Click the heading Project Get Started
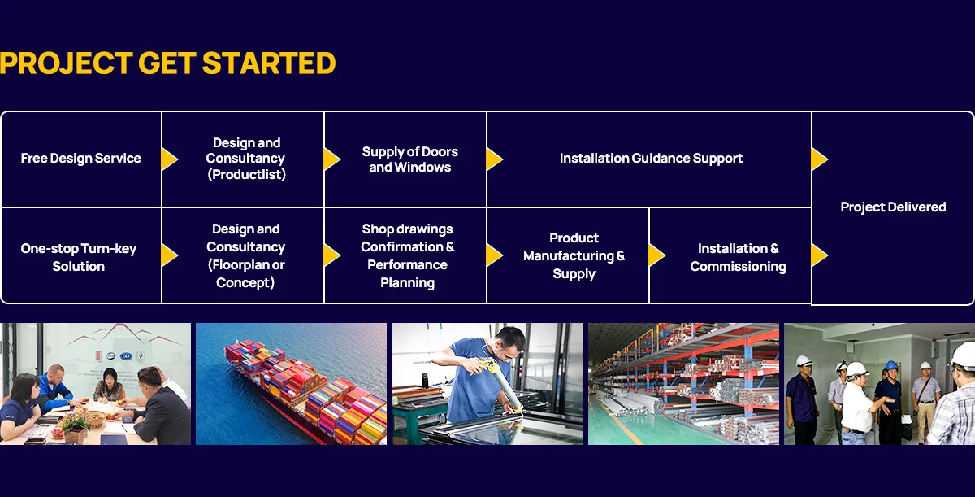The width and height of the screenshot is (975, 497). pos(167,63)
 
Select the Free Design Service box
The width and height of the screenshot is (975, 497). pos(81,159)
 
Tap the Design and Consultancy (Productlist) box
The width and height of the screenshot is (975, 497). pos(243,159)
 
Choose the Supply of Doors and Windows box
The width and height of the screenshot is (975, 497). pos(405,159)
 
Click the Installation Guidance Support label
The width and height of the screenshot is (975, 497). pos(651,158)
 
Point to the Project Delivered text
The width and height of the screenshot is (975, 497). pos(893,207)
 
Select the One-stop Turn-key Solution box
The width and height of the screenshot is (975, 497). pos(81,255)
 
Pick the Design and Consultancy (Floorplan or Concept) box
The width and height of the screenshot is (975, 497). pos(243,255)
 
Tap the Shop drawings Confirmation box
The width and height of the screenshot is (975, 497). pos(405,255)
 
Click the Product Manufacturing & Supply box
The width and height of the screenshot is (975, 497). pos(568,255)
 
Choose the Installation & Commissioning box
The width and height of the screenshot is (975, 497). pos(730,255)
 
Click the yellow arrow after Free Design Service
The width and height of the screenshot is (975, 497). pos(169,159)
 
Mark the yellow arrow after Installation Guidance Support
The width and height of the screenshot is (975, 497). pos(819,159)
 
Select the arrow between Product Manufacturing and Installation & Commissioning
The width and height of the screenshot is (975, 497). pos(656,255)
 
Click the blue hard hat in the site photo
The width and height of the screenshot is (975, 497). pos(891,365)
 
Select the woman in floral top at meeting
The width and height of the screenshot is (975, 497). pos(107,386)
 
